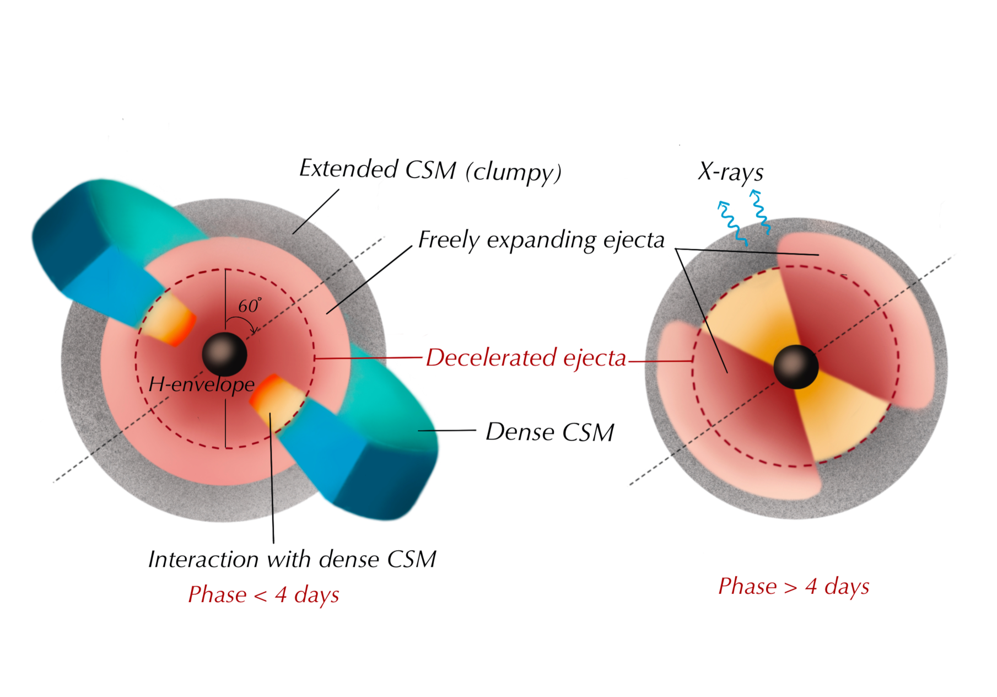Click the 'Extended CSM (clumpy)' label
point(430,170)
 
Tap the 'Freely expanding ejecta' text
point(541,240)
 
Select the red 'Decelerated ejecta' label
point(526,358)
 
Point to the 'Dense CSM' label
point(549,432)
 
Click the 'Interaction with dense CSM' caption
point(292,559)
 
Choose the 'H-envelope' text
point(202,384)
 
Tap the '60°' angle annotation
point(249,305)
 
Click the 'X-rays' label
point(731,172)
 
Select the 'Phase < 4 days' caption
point(263,594)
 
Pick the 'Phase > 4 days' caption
point(794,586)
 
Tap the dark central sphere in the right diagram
point(796,367)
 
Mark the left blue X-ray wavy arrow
point(732,223)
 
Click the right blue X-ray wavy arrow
point(759,212)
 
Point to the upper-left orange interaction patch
point(171,323)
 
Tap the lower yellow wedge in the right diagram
point(838,419)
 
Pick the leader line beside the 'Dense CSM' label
point(446,430)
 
